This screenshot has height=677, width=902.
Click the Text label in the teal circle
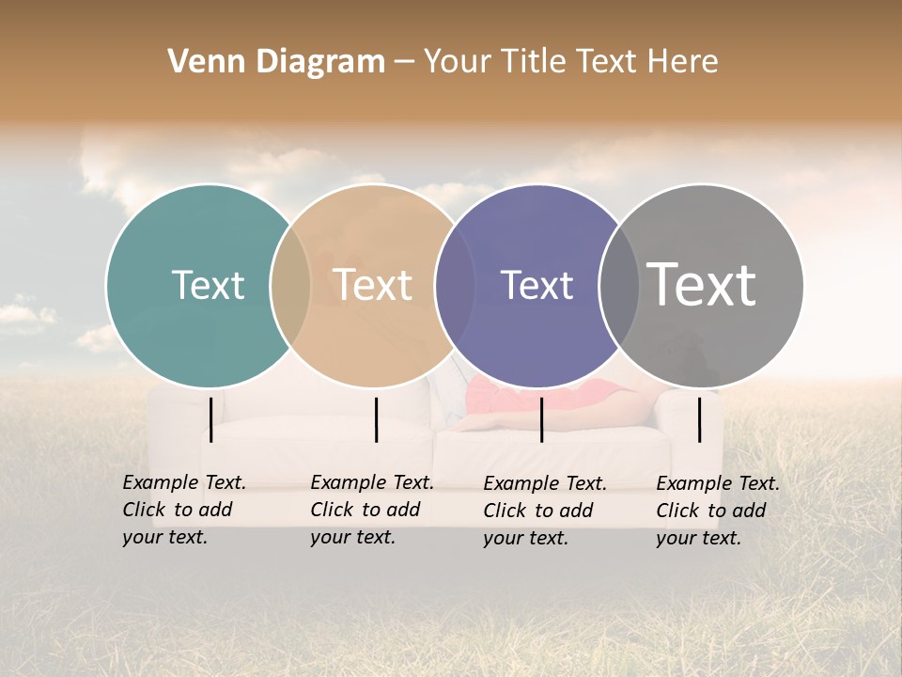[208, 285]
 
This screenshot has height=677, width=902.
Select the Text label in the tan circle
[372, 285]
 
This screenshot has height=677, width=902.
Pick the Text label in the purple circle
[537, 286]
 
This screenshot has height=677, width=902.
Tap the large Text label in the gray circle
[702, 284]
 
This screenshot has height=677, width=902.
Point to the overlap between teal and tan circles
[290, 285]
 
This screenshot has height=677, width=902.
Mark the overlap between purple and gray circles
[618, 285]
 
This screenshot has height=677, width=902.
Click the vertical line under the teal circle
[211, 419]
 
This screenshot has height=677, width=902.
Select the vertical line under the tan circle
[376, 419]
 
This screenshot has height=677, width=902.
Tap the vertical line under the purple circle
[541, 419]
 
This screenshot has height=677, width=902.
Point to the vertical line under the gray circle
[699, 419]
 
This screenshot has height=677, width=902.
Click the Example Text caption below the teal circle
[184, 510]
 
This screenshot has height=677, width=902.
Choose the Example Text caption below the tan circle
[372, 510]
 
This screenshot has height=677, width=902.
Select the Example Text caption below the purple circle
[545, 511]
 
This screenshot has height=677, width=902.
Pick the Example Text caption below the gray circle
[718, 511]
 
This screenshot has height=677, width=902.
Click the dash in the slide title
[404, 62]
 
